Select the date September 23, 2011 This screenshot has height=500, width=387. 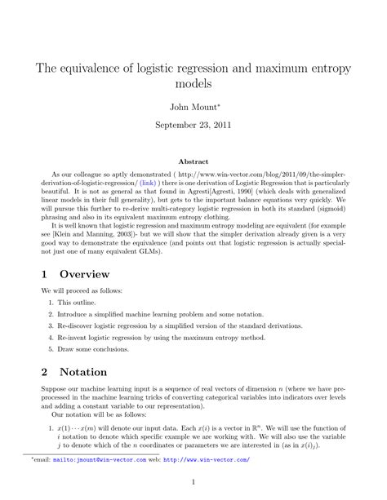tap(193, 126)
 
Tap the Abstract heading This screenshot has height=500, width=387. tap(193, 162)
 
